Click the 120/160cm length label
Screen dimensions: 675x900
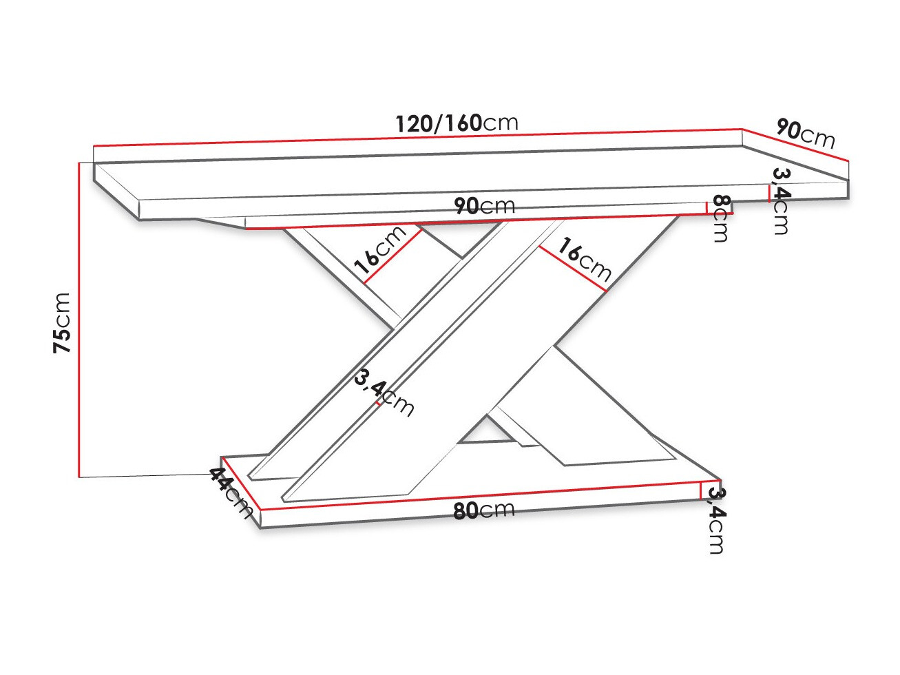tap(456, 123)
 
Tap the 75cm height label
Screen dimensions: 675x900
tap(63, 322)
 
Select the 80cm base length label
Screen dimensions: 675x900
tap(483, 510)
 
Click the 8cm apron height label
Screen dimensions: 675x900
tap(720, 218)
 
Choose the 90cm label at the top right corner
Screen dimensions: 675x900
tap(805, 133)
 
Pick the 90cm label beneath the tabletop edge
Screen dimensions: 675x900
tap(484, 205)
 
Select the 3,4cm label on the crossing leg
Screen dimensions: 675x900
tap(384, 393)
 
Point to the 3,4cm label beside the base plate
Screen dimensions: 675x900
tap(716, 520)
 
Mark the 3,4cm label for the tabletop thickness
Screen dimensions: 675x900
tap(781, 200)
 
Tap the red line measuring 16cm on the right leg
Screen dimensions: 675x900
tap(572, 269)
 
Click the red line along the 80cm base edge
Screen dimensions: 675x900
tap(482, 495)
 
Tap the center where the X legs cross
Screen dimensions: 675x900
tap(475, 331)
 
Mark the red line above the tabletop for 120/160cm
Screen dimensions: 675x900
tap(413, 138)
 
